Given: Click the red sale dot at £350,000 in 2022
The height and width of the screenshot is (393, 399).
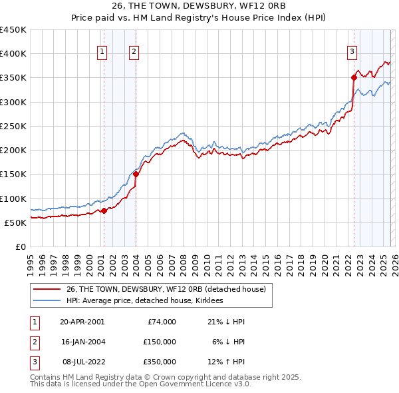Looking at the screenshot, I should (x=354, y=78).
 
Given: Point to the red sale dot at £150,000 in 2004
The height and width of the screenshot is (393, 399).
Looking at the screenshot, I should (x=136, y=175).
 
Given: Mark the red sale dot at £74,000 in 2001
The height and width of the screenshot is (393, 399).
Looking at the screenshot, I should (x=104, y=211).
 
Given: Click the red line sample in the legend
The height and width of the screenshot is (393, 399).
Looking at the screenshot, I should (x=48, y=289).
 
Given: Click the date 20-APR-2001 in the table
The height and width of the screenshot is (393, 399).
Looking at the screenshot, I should (x=82, y=322).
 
